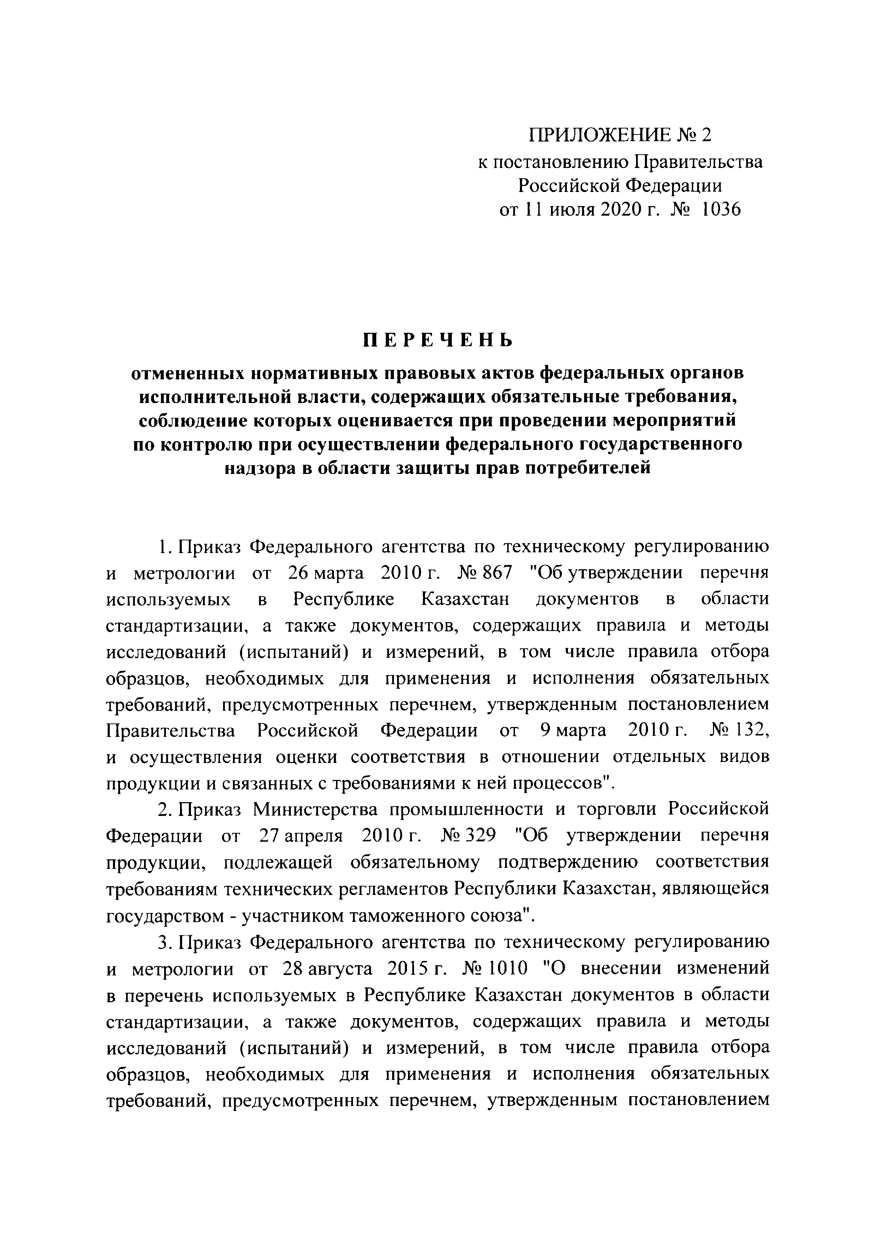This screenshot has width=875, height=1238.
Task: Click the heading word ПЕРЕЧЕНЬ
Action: pos(437,340)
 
